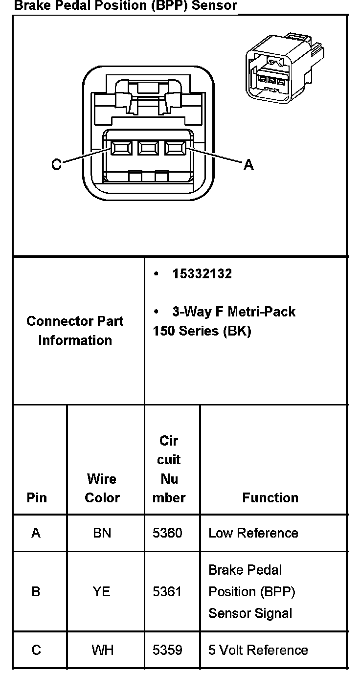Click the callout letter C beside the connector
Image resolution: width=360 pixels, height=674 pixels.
[57, 165]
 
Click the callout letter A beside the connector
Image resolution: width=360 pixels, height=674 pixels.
[248, 165]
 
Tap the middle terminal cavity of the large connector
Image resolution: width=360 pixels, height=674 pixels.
[147, 147]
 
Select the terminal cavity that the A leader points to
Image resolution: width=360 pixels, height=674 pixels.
[175, 147]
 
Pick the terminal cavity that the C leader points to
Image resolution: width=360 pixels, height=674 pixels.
[120, 147]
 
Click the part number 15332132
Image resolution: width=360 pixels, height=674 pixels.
[202, 274]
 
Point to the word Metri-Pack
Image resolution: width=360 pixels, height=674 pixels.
[266, 312]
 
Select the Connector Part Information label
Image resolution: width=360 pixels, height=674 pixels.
[75, 331]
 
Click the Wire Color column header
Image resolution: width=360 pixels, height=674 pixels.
[102, 488]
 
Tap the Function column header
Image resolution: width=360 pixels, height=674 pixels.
[270, 497]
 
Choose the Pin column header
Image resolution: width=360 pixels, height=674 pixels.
[37, 497]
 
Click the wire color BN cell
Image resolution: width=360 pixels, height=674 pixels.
[102, 533]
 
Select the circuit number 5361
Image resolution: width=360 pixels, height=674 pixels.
[167, 592]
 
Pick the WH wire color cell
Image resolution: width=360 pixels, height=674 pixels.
[102, 650]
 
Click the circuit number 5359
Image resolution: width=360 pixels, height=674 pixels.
[167, 650]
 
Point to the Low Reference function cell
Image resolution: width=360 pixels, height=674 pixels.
[253, 533]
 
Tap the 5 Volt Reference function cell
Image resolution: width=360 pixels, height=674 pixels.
[258, 650]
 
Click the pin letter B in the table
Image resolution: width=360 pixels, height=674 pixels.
[36, 592]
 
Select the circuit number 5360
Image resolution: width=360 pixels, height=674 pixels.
[167, 533]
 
